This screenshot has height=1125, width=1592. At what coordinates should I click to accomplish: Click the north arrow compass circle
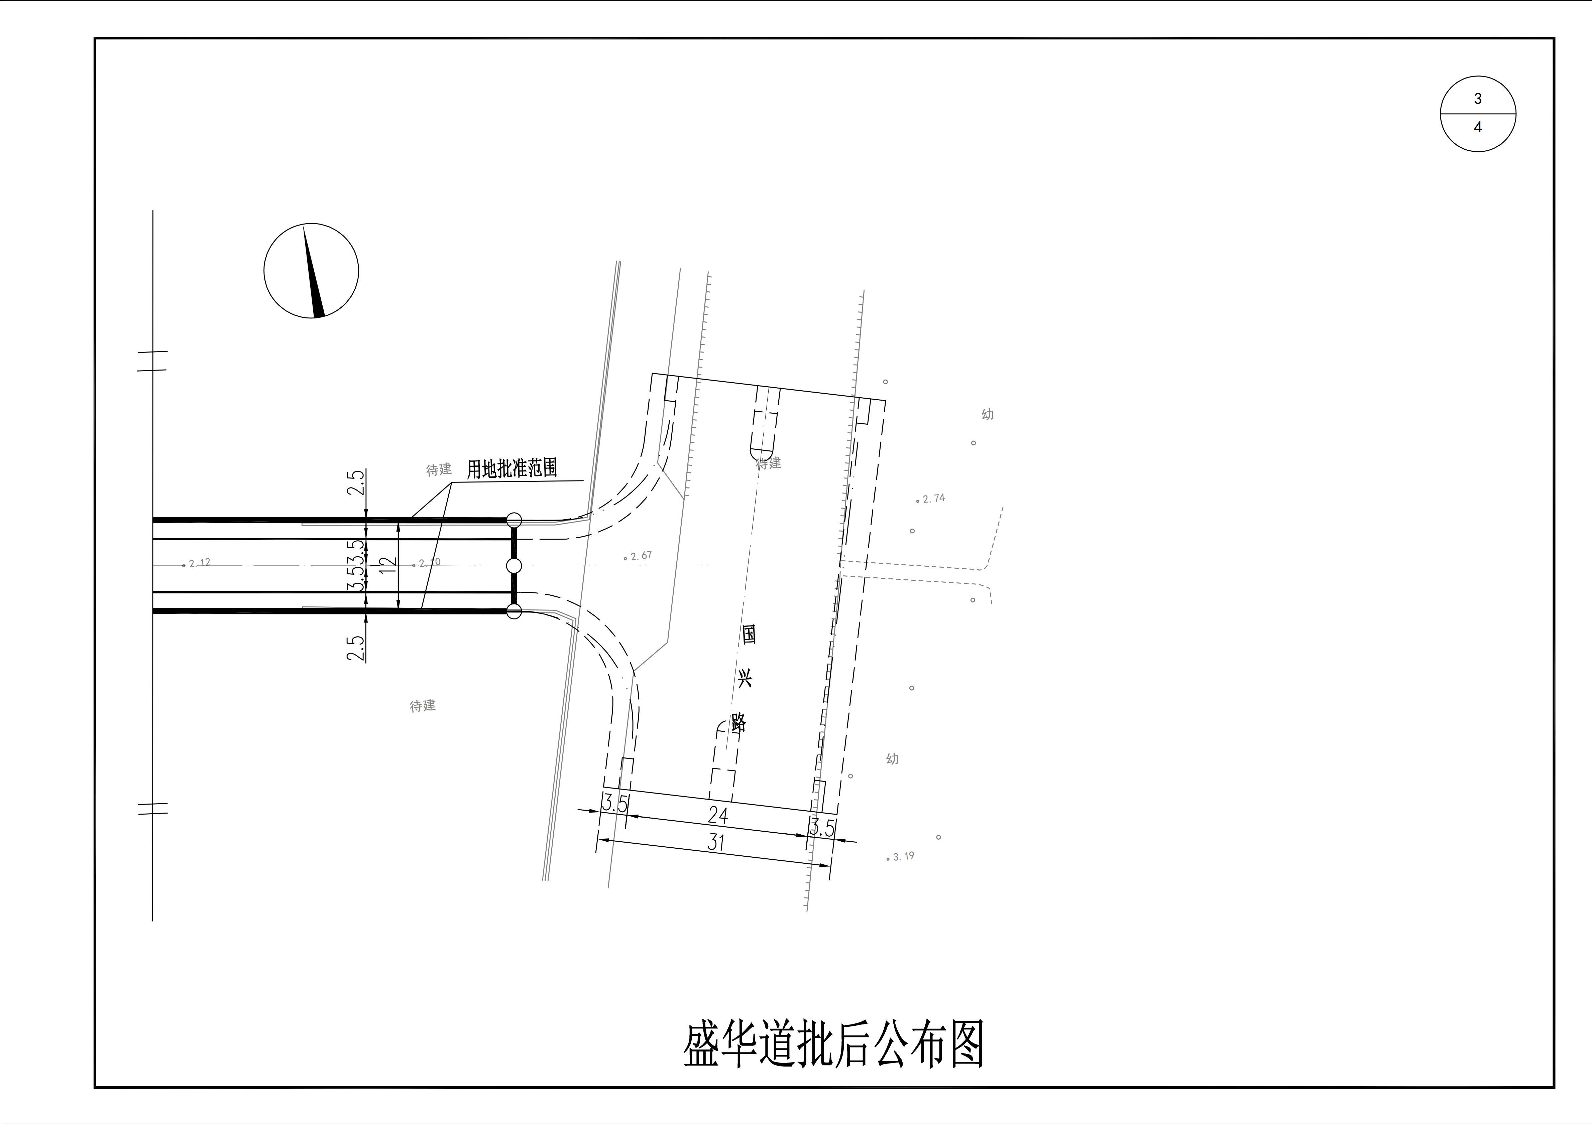(311, 270)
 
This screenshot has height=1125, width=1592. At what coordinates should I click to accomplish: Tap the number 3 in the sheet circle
(1478, 99)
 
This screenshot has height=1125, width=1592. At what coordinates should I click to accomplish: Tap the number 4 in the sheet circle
(1478, 128)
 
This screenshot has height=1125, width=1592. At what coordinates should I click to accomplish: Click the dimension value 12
(389, 566)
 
